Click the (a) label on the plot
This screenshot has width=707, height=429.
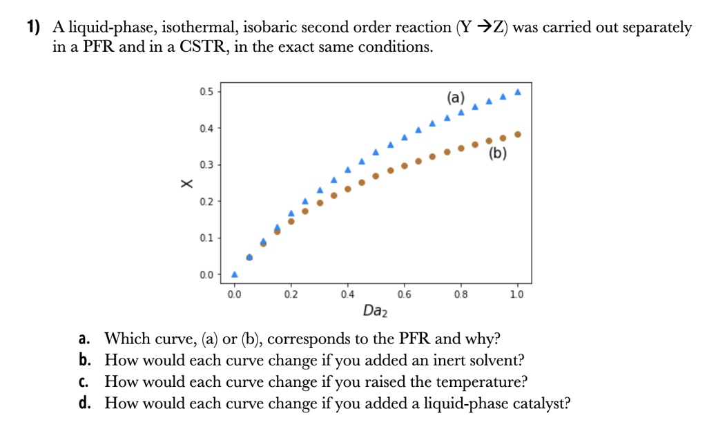(x=456, y=97)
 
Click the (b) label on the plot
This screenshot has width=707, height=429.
(x=497, y=153)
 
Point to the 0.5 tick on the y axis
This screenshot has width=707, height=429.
(x=206, y=91)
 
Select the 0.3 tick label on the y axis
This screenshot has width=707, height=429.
(x=206, y=164)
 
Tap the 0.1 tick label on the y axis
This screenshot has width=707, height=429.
(x=206, y=238)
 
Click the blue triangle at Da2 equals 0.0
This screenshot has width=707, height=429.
(x=234, y=274)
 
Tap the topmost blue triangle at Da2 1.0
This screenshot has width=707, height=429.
(x=518, y=92)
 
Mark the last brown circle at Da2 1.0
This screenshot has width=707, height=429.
(x=518, y=134)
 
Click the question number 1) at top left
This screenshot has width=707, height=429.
(x=33, y=28)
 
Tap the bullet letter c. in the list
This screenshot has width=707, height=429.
(x=84, y=382)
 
